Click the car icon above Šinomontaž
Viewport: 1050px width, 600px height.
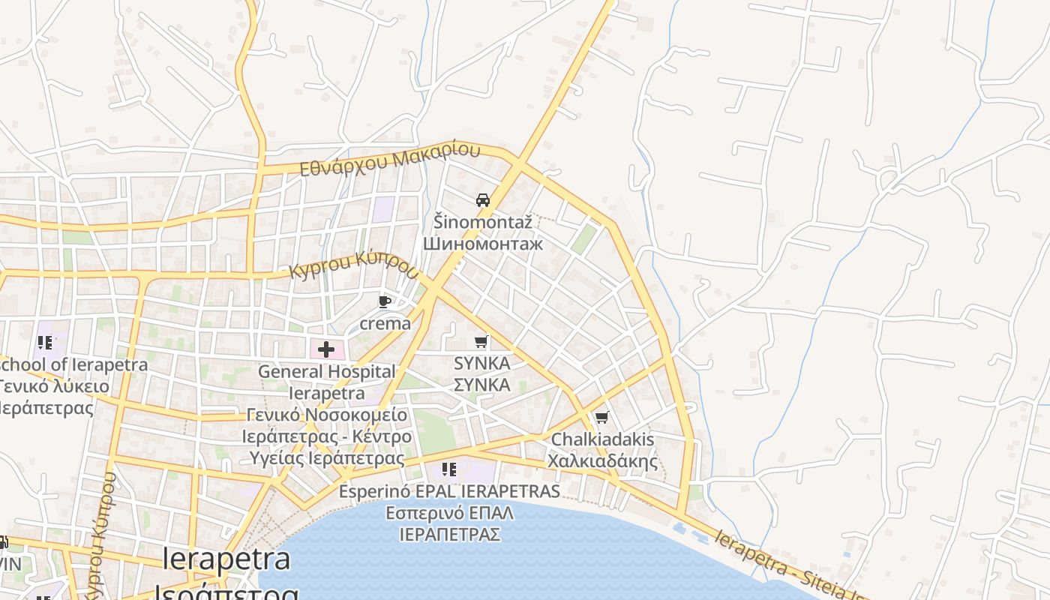483,200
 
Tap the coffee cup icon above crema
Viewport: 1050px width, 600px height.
385,302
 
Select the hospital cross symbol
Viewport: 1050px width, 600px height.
326,349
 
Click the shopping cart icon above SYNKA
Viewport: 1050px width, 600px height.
481,342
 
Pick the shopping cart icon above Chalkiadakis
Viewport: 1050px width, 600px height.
601,418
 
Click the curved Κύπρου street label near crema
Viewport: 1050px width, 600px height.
353,266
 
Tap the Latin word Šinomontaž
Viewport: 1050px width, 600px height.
483,221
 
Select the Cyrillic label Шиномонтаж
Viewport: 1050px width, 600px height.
483,244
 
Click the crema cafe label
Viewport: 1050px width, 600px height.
385,323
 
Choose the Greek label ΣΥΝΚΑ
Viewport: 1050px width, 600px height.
482,385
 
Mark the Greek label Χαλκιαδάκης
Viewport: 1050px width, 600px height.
603,461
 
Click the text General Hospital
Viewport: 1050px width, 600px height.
326,371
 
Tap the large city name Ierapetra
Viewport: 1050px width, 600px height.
226,559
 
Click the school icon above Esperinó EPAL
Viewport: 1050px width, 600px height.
449,470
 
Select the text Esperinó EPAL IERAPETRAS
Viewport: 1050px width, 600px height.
449,491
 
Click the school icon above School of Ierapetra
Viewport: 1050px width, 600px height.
45,343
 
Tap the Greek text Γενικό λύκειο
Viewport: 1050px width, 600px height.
54,387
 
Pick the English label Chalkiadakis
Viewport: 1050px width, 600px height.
603,439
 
